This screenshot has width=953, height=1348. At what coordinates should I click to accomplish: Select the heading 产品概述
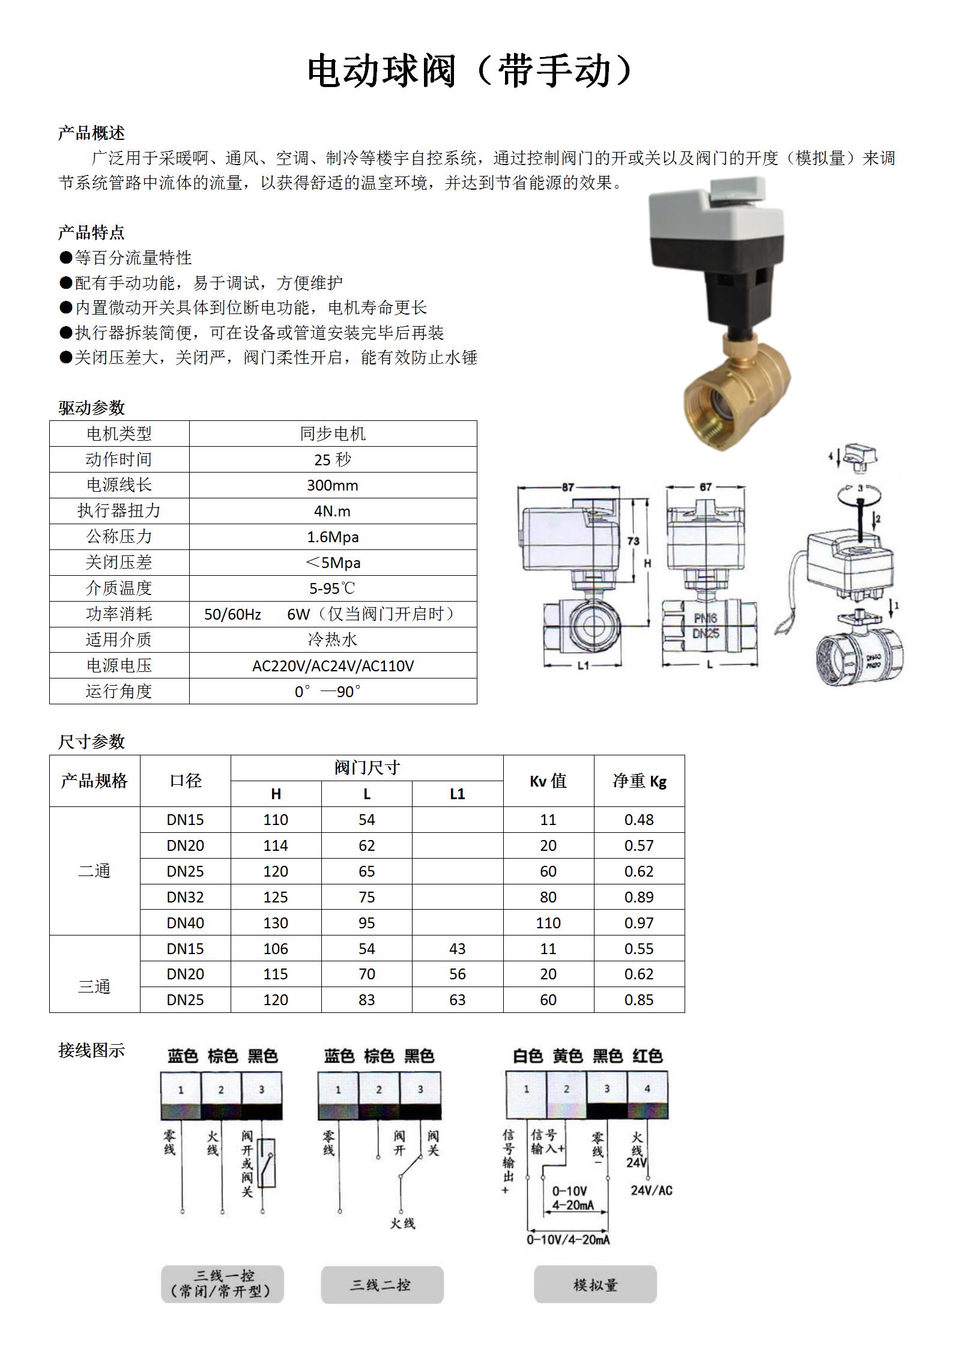coord(91,133)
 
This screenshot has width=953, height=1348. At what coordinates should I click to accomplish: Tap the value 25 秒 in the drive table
coord(332,459)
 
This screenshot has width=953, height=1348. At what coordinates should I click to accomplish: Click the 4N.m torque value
coord(332,511)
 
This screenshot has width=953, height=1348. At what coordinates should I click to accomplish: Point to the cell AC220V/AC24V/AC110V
coord(333,666)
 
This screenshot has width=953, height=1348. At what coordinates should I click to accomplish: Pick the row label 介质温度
coord(119,588)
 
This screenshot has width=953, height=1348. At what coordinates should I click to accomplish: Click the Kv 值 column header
coord(548,781)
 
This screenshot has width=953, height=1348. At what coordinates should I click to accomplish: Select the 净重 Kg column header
coord(640,781)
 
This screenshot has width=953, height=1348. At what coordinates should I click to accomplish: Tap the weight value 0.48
coord(639,820)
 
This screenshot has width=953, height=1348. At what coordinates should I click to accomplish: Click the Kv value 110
coord(548,923)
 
